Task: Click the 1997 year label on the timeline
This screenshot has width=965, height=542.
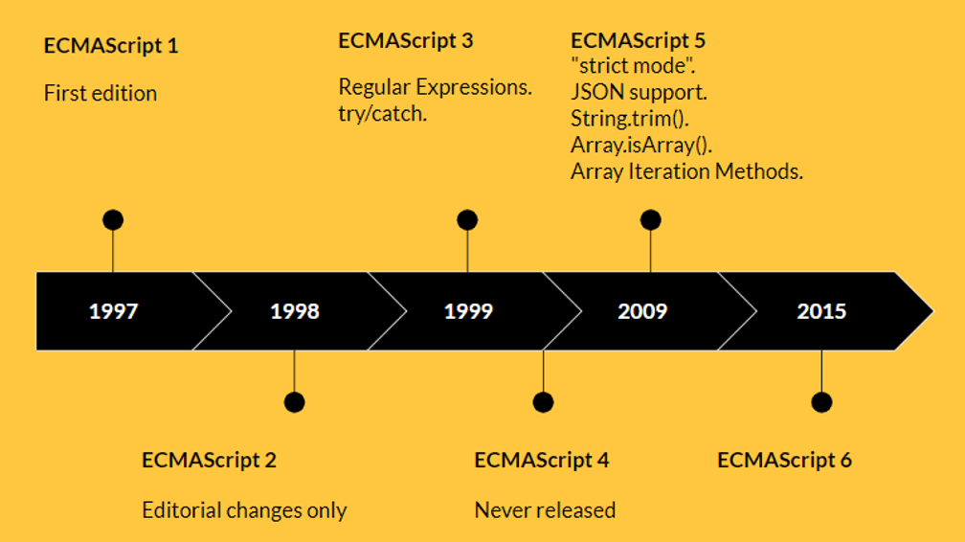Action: coord(113,311)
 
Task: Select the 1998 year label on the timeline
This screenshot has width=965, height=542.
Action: coord(295,311)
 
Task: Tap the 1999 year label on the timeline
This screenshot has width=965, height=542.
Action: coord(468,311)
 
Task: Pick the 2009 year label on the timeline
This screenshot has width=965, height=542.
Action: coord(642,311)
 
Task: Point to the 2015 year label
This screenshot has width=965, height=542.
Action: coord(821,311)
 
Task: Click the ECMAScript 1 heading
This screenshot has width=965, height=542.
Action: coord(111,45)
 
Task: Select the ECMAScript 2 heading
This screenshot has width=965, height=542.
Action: coord(209,460)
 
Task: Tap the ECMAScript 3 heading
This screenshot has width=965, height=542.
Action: coord(406,41)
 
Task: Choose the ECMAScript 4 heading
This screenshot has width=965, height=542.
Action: coord(542,460)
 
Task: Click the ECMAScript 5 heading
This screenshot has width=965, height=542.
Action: coord(639,41)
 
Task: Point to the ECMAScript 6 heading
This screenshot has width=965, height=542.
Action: coord(784,460)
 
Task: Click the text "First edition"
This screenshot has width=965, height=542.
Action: coord(101,93)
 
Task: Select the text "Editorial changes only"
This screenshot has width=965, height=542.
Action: coord(244,509)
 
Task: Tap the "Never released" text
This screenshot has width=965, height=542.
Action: coord(545,509)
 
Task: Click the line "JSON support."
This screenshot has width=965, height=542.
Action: coord(639,94)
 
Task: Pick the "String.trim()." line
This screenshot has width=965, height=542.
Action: coord(632,120)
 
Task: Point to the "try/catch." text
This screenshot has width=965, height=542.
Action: coord(383,113)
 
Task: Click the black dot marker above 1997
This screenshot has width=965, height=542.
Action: coord(113,220)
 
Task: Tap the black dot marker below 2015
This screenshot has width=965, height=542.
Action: coord(821,402)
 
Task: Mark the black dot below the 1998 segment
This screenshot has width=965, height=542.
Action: coord(294,402)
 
